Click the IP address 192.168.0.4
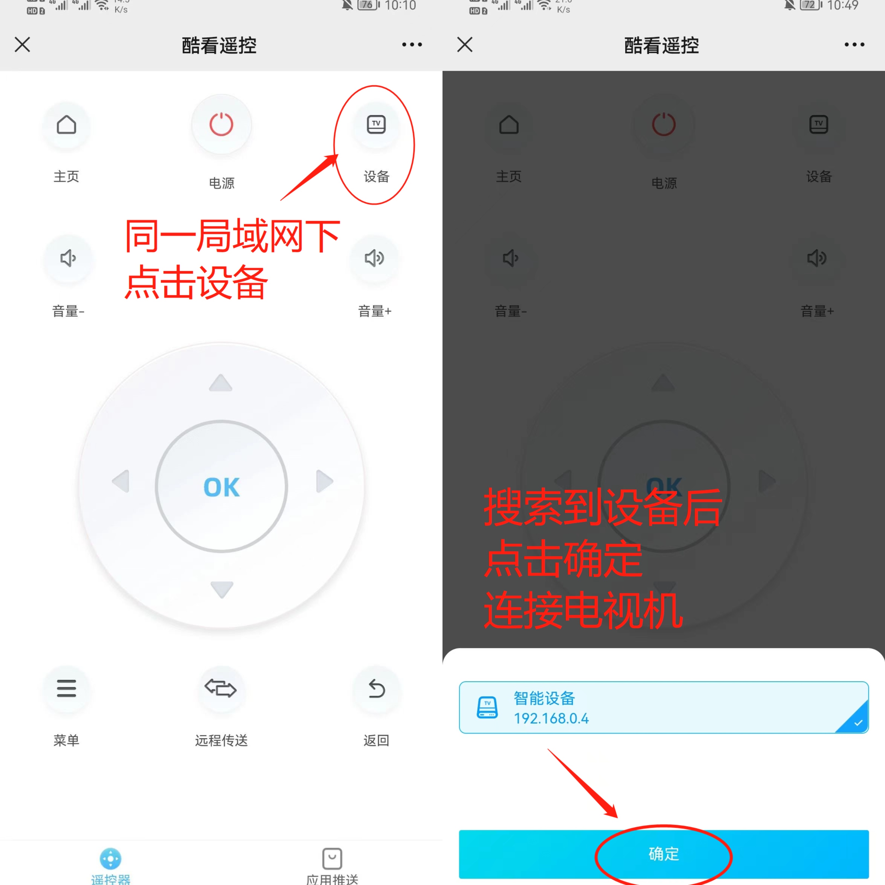(x=551, y=718)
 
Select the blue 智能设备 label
(x=544, y=698)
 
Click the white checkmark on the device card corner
(x=858, y=723)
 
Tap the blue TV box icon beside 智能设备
(x=487, y=708)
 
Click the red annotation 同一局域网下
(x=232, y=236)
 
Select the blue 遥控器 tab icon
(x=110, y=858)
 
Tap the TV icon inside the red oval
(x=376, y=124)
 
